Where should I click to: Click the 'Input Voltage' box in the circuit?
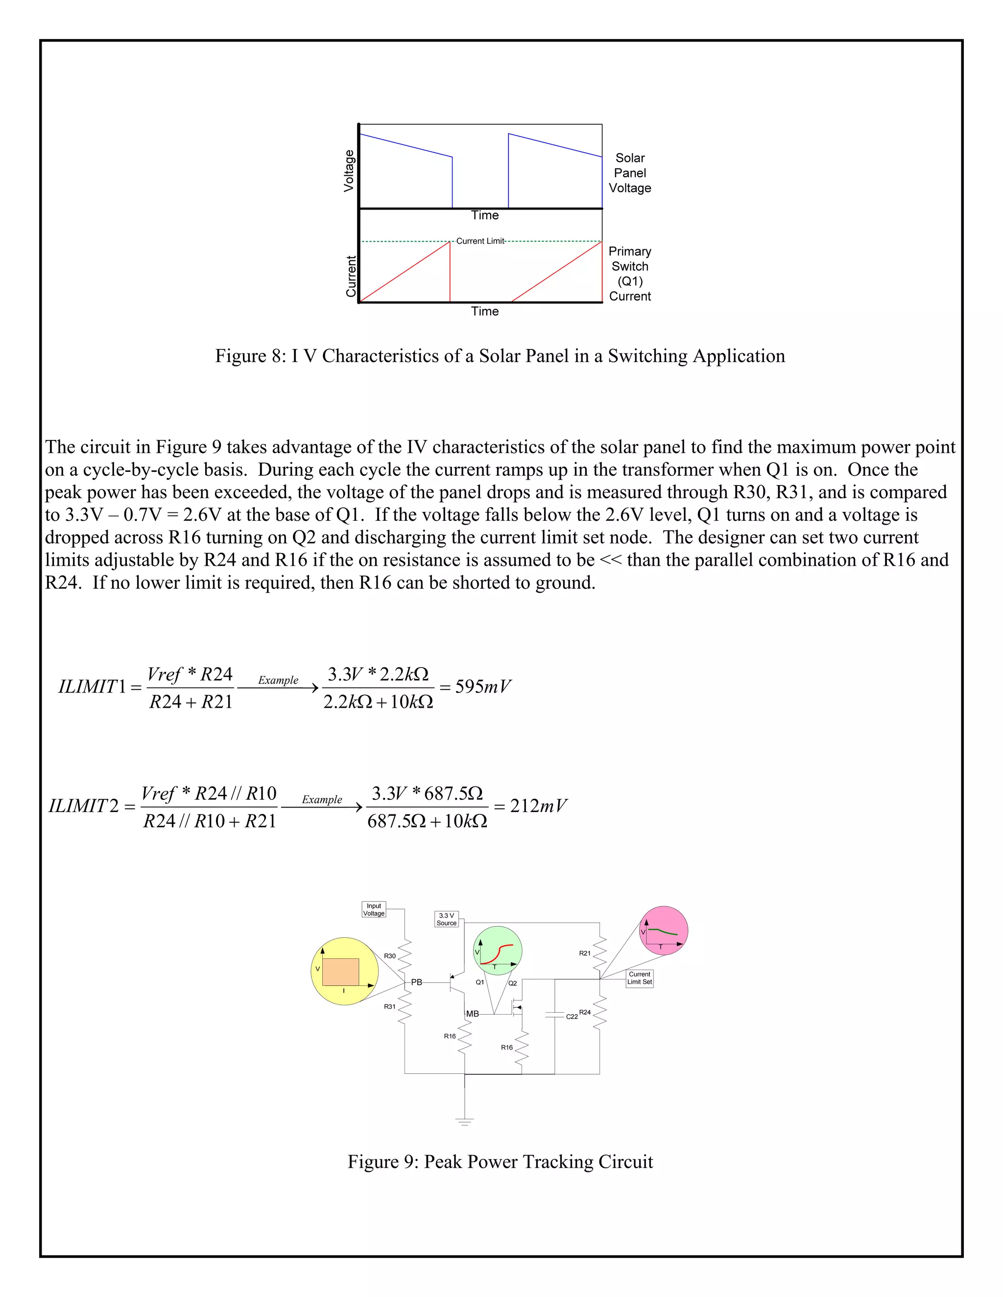pos(374,910)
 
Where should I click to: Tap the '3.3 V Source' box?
pos(446,919)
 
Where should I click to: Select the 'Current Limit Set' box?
pos(639,978)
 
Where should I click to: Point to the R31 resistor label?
pos(390,1007)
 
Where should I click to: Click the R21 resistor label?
pos(585,953)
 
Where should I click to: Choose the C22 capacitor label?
pos(572,1017)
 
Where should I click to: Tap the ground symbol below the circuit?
pos(465,1121)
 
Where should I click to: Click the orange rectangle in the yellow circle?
pos(340,972)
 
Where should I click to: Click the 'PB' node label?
pos(417,982)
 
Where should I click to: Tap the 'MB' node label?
pos(473,1014)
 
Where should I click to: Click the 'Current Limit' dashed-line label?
pos(480,241)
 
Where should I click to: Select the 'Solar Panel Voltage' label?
pos(630,173)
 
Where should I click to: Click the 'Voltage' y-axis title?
pos(349,171)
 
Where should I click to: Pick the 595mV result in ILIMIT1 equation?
pos(482,687)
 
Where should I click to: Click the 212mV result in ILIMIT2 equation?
pos(538,806)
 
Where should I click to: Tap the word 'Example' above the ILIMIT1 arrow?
pos(278,680)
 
